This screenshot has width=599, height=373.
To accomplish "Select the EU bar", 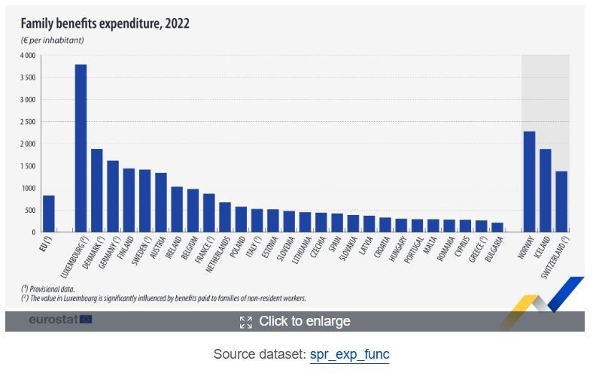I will point(48,214).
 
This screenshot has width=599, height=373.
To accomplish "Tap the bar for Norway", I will point(529,181).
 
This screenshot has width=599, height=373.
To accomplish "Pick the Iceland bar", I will point(546,190).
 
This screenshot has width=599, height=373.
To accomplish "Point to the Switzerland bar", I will point(561,202).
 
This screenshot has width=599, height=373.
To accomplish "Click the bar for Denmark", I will point(97,190).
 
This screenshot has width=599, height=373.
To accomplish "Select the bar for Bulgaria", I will point(497,226).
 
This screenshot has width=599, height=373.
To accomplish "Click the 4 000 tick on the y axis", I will point(27,56).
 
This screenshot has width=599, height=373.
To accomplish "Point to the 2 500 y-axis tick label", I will point(27,122).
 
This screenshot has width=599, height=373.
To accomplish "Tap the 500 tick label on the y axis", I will point(30,211).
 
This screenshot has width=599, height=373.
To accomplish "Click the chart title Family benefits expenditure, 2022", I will point(105,24).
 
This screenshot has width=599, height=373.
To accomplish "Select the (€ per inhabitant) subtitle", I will point(52,40).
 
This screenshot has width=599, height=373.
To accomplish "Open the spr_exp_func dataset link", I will point(349,354).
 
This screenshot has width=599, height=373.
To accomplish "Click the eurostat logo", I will point(60,320).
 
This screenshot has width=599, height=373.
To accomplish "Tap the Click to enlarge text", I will point(304,321).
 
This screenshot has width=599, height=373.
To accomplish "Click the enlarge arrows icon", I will point(245,322).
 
